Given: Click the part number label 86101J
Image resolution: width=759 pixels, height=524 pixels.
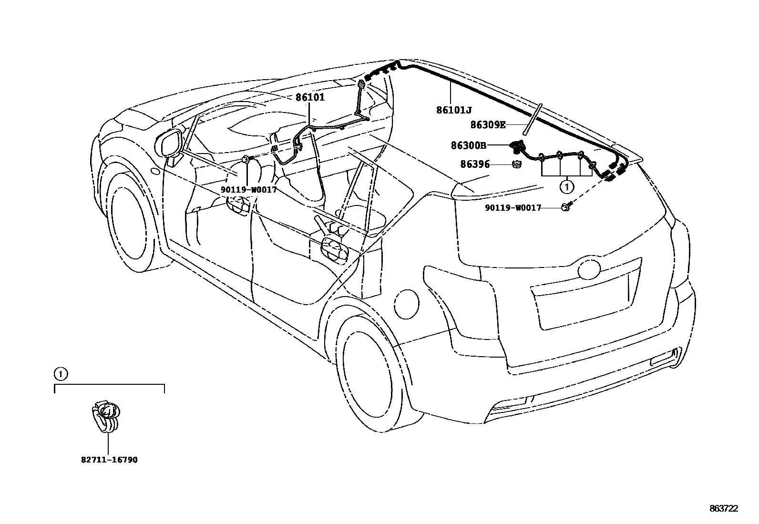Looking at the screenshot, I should [453, 110].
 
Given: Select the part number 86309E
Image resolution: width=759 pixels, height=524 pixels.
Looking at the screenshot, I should [487, 125].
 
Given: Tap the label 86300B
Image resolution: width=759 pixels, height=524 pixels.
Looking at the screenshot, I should [469, 144].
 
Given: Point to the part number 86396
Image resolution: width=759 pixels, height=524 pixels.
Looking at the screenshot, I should [475, 164].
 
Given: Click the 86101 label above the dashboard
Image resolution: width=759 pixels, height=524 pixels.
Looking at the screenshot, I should [310, 97].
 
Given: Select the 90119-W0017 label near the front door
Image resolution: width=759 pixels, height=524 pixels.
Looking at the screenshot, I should [248, 189].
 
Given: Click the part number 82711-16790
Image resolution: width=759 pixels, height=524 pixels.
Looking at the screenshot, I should [109, 460].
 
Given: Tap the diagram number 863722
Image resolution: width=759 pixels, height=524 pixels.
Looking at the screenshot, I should [724, 509].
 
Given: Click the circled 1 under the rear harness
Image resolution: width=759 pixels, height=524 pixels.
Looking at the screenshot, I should [566, 187].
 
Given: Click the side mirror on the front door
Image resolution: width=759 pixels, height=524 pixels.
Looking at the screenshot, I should [170, 143].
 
